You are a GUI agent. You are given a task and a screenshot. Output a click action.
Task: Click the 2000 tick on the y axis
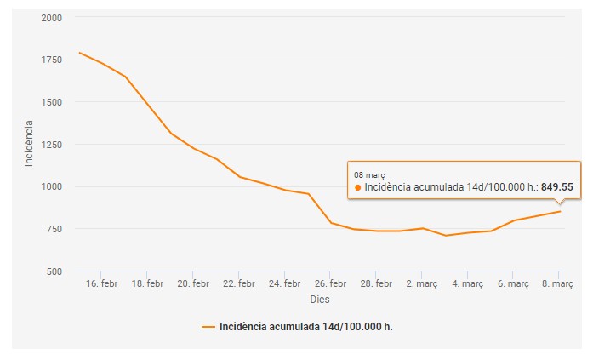coord(50,17)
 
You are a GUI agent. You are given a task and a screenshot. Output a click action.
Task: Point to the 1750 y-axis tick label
coord(50,60)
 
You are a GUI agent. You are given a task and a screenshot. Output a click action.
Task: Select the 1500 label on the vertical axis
coord(50,102)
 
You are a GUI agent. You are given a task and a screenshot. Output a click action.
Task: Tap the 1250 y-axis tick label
coord(50,144)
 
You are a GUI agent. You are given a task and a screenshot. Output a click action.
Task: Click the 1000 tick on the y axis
coord(50,186)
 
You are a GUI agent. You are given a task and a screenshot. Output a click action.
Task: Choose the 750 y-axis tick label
coord(53,229)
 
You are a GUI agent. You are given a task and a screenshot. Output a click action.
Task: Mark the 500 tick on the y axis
coord(53,271)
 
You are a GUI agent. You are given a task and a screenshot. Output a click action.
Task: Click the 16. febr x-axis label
coord(102,283)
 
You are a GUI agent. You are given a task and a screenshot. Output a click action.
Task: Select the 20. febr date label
coord(194,283)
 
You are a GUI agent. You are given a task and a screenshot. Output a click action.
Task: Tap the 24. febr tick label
coord(285,283)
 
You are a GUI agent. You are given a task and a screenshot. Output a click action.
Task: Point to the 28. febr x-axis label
coord(377,283)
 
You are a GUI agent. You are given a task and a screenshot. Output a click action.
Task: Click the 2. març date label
coord(421,283)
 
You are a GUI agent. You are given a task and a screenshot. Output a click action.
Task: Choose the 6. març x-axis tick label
coord(513,283)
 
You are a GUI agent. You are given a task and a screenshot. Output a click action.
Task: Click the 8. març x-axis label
coord(558,283)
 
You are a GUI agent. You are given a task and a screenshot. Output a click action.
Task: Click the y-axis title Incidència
coord(29,143)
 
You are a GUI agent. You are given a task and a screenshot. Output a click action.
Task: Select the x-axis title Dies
coord(319,299)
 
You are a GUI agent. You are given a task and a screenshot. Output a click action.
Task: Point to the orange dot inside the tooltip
coord(357,187)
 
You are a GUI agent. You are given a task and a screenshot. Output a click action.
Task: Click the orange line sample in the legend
coord(208,326)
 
